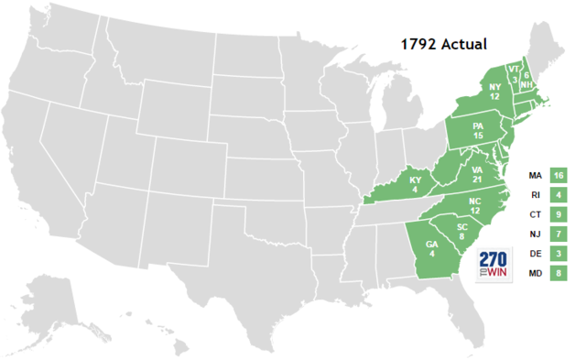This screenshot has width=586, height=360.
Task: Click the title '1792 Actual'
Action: point(443,43)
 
